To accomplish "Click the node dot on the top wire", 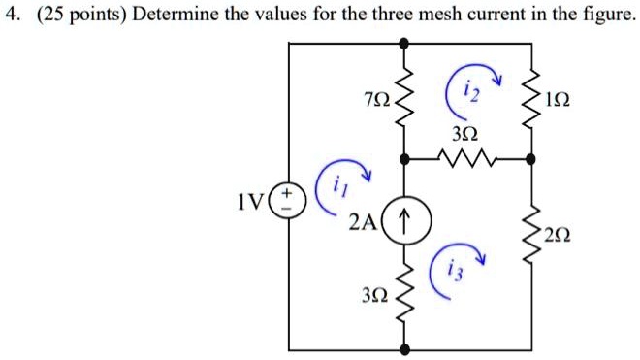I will pos(404,43).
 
